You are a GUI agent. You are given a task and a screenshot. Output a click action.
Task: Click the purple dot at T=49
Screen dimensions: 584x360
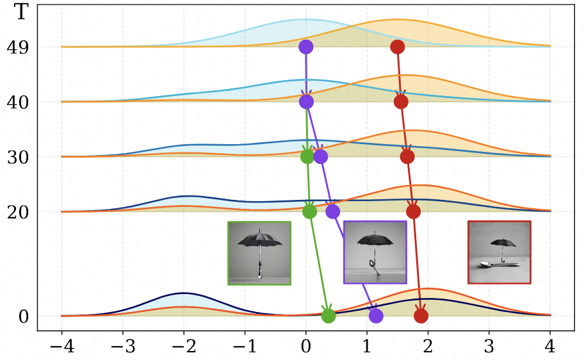(306, 47)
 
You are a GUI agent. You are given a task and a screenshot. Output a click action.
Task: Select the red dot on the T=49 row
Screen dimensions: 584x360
(398, 47)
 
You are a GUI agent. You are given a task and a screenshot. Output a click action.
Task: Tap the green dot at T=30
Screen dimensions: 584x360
(307, 156)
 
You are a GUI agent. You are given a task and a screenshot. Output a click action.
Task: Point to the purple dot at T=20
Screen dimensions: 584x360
(332, 211)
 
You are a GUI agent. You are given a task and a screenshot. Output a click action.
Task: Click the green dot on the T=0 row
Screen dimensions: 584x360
(328, 316)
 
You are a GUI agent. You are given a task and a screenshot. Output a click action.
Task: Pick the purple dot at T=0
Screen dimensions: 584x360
(376, 316)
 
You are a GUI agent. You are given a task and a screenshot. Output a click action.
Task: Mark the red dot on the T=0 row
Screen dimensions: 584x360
(421, 316)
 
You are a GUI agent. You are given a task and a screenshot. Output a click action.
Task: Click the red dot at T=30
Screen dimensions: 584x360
(407, 156)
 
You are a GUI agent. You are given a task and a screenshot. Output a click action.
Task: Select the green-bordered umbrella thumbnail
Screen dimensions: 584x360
(259, 253)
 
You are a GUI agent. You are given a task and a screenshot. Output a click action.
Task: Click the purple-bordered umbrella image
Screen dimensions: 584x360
(375, 252)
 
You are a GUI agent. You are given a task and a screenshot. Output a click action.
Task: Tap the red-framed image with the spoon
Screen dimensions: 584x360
(499, 252)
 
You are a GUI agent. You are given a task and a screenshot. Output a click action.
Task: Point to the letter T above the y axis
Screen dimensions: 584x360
(21, 12)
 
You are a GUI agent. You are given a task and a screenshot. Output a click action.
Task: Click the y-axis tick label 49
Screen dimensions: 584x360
(17, 47)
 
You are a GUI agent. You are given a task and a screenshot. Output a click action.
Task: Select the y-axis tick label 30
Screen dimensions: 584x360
(17, 158)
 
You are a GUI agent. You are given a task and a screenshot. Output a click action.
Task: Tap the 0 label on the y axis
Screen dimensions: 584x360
(23, 317)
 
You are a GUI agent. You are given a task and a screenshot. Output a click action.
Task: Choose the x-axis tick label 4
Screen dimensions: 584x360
(550, 346)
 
